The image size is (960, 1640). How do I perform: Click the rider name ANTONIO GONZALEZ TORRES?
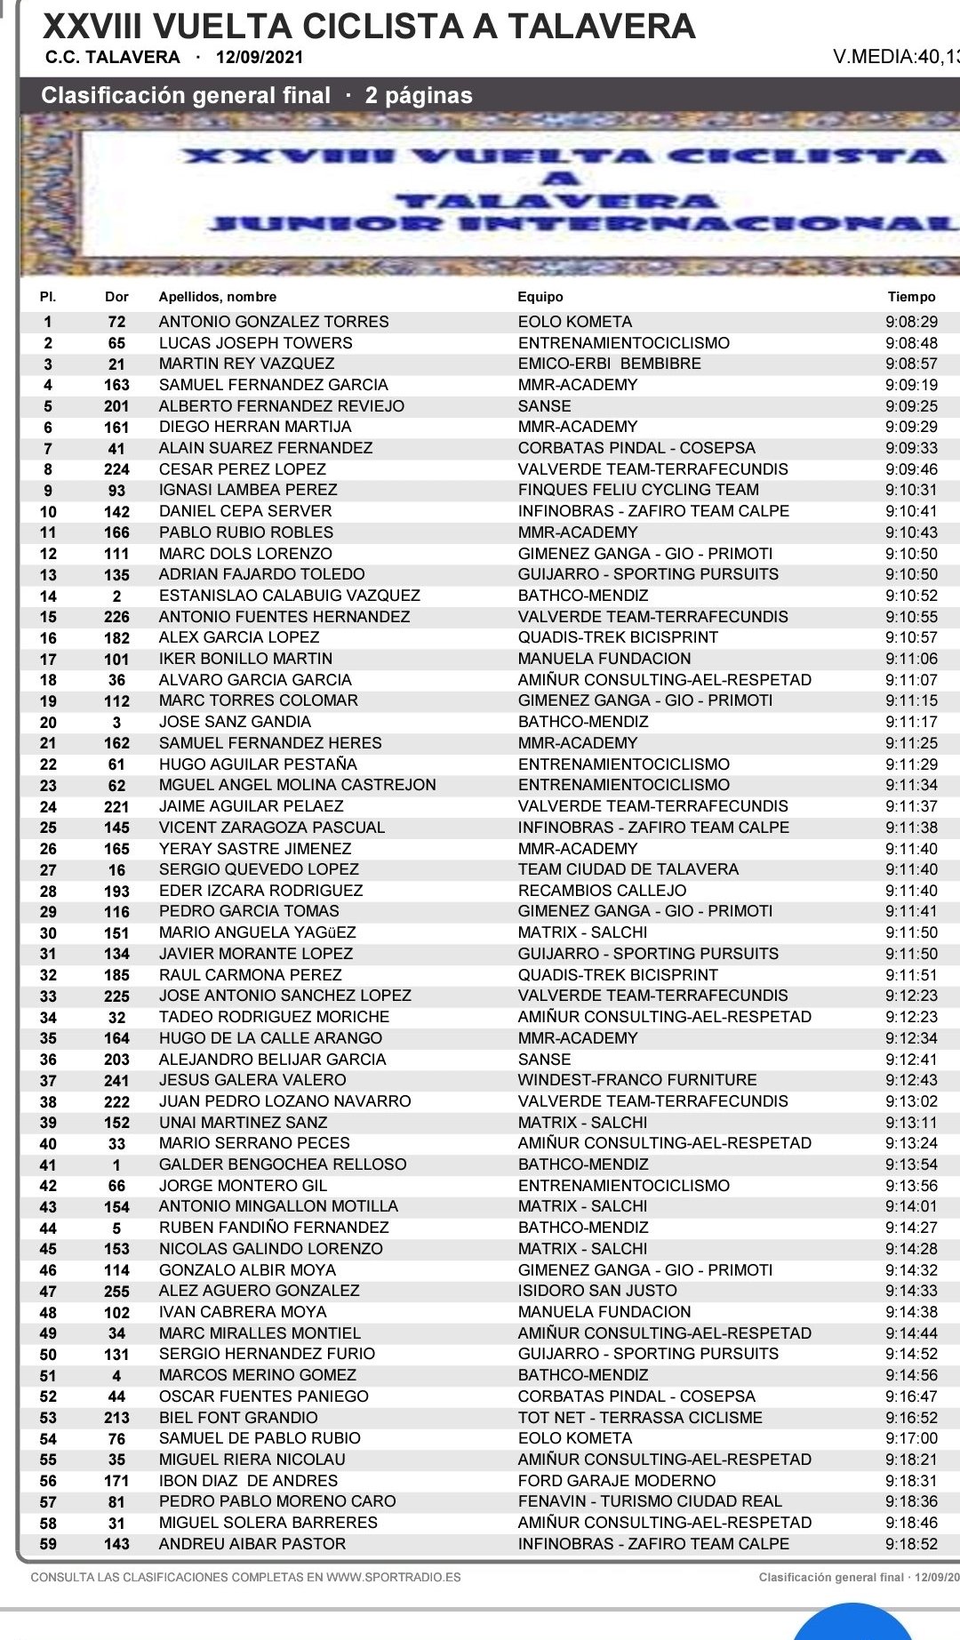pyautogui.click(x=274, y=322)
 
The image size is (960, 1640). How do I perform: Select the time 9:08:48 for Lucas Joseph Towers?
pyautogui.click(x=911, y=343)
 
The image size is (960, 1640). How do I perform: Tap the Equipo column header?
pyautogui.click(x=540, y=297)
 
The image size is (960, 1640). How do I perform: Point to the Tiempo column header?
pyautogui.click(x=911, y=297)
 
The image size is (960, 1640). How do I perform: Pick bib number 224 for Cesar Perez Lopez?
pyautogui.click(x=116, y=469)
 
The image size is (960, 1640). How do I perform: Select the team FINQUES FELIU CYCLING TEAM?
pyautogui.click(x=638, y=490)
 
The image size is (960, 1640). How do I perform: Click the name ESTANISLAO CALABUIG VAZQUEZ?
pyautogui.click(x=289, y=596)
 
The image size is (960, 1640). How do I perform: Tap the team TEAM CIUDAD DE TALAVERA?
pyautogui.click(x=628, y=869)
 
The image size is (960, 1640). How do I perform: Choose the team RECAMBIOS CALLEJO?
pyautogui.click(x=602, y=891)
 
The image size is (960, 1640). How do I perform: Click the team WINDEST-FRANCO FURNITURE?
pyautogui.click(x=637, y=1080)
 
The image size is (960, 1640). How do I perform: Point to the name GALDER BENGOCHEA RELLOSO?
pyautogui.click(x=283, y=1164)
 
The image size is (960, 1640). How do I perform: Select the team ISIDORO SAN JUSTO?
pyautogui.click(x=597, y=1291)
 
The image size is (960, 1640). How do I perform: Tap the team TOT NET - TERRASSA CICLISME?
pyautogui.click(x=640, y=1418)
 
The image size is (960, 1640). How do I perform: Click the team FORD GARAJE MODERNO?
pyautogui.click(x=617, y=1481)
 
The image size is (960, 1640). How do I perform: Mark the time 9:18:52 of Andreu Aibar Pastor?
pyautogui.click(x=911, y=1544)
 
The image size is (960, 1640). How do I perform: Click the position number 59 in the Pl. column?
pyautogui.click(x=48, y=1544)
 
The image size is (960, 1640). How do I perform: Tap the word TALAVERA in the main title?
pyautogui.click(x=601, y=27)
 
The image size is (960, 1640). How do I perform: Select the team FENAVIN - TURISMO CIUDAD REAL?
pyautogui.click(x=650, y=1501)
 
